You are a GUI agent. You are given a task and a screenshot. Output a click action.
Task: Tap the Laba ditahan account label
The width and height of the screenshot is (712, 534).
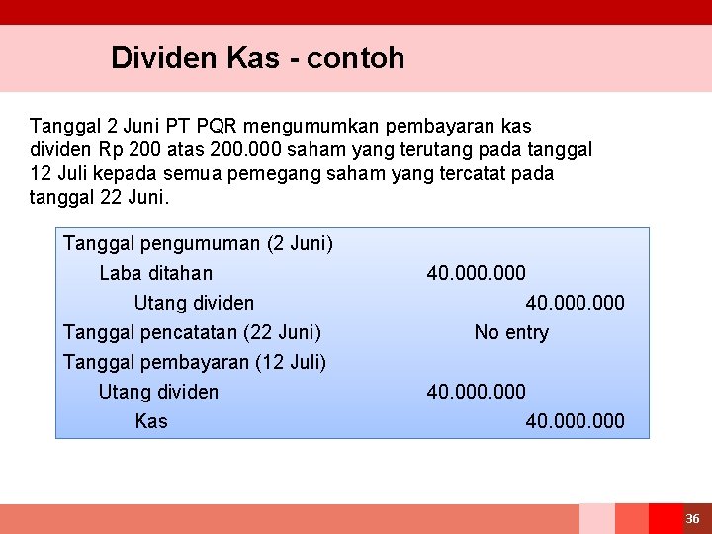[155, 273]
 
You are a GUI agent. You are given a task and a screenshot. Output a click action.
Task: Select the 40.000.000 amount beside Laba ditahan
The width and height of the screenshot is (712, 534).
[476, 273]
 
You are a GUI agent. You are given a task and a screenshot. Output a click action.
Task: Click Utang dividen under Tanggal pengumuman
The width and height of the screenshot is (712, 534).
[194, 303]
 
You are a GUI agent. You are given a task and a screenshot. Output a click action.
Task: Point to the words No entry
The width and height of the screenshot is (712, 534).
[511, 332]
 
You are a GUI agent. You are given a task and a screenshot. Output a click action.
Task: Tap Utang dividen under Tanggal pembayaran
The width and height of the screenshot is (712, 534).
[158, 392]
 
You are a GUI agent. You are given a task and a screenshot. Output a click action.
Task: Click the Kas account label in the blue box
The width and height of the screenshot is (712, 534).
[151, 421]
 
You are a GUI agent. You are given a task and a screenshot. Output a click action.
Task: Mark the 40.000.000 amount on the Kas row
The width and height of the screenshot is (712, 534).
[575, 421]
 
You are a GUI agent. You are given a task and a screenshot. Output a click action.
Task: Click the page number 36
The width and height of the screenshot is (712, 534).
[692, 519]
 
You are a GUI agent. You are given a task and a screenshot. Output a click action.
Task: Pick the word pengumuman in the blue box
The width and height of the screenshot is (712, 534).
[204, 243]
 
